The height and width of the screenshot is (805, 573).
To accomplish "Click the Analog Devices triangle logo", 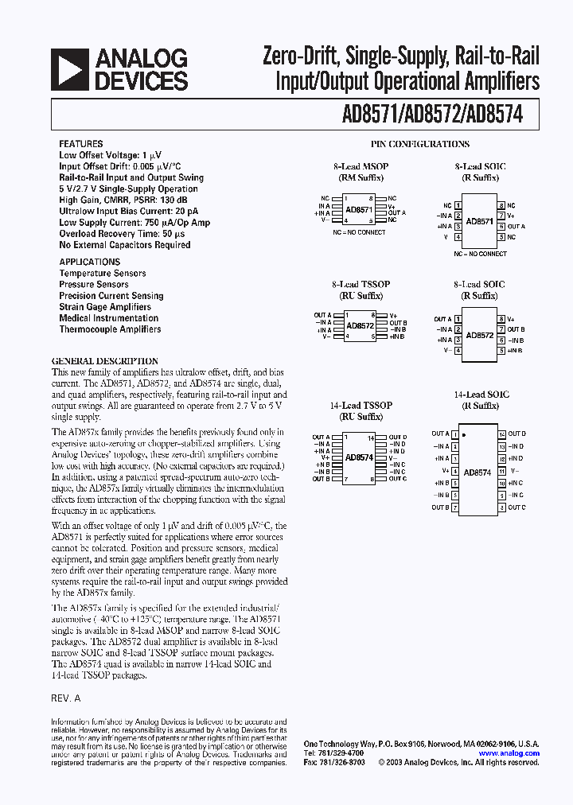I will (69, 70).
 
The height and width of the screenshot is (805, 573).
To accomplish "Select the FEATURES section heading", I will (80, 144).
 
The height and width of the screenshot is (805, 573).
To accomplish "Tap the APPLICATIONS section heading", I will (90, 262).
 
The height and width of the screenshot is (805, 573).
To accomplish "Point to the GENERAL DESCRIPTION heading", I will (105, 361).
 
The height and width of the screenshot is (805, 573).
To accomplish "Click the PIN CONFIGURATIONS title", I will (420, 144).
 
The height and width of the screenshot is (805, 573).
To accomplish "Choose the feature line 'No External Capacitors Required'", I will (125, 245).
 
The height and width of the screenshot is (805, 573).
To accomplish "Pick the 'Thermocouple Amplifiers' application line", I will (110, 329).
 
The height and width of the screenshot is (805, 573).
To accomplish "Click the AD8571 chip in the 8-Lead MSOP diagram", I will (359, 210).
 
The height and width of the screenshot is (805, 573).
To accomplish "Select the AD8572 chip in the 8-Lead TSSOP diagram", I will (359, 326).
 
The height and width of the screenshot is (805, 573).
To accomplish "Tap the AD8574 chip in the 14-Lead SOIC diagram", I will (477, 472).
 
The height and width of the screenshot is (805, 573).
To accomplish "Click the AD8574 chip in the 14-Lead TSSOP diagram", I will (359, 457).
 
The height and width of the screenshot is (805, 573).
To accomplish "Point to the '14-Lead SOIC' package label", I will (481, 395).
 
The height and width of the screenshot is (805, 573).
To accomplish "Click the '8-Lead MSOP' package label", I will (360, 167).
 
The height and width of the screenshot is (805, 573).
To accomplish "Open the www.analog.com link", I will (509, 753).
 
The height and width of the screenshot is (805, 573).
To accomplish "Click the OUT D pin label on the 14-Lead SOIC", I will (516, 434).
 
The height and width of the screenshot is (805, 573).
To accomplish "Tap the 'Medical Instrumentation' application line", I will (108, 318).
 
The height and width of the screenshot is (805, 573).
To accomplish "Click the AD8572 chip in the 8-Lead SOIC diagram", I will (480, 335).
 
